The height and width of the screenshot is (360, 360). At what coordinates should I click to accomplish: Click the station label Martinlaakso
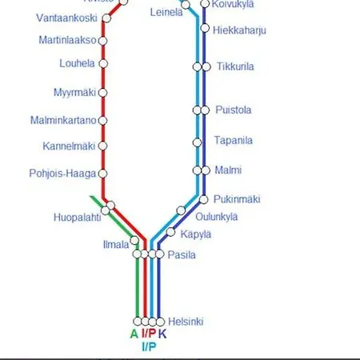tap(67, 40)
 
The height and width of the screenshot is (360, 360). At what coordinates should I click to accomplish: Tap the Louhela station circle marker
tap(103, 63)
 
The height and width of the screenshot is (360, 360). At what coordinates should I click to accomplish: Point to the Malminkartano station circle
tap(103, 121)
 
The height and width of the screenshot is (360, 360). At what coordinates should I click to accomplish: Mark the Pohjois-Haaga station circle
tap(103, 173)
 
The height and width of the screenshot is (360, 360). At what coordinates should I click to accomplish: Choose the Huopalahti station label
tap(77, 217)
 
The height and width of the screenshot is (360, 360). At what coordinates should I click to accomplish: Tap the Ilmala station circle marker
tap(134, 240)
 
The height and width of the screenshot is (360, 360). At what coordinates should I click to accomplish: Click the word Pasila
tap(182, 254)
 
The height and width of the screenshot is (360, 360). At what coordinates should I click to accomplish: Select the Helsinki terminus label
tap(185, 322)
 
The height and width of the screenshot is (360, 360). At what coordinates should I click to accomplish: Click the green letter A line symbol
tap(134, 334)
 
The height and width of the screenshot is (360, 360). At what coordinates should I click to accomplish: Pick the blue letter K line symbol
tap(162, 334)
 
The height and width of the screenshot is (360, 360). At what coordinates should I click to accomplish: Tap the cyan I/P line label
tap(149, 346)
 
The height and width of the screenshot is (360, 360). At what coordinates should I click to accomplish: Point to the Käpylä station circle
tap(170, 232)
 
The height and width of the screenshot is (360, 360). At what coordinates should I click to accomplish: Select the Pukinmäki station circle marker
tap(204, 199)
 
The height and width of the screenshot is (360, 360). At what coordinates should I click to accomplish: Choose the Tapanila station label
tap(234, 141)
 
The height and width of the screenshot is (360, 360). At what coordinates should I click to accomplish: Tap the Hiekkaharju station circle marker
tap(204, 30)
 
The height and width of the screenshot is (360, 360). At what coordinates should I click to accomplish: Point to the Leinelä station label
tap(166, 12)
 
